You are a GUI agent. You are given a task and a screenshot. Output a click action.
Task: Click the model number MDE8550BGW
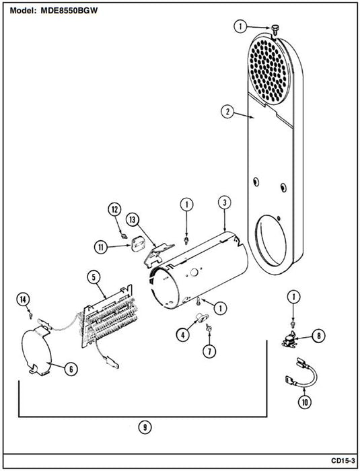coord(69,11)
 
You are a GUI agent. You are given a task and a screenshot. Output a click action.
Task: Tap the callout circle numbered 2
coord(228,112)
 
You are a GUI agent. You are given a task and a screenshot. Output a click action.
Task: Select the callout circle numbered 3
coord(225,203)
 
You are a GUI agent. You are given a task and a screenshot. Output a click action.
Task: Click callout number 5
coord(94,277)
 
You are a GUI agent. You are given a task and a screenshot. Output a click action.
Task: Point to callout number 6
coord(71,369)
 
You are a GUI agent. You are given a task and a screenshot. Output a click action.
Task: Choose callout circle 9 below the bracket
coord(145,427)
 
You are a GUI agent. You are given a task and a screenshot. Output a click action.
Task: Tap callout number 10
coord(305,402)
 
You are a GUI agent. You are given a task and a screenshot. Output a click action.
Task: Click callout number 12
coord(115,210)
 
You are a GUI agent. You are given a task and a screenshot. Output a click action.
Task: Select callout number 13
coord(133,219)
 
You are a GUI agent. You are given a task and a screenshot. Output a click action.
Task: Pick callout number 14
coord(23,299)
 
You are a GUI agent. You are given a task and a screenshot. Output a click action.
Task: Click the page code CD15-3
coord(343,460)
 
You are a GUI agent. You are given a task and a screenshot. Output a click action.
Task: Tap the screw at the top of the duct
coord(274,29)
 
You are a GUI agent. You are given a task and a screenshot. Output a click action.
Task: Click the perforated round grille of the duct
coord(267,71)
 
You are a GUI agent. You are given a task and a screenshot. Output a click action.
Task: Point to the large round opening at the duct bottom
coord(271,240)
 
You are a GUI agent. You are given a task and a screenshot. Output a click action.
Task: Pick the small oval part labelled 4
coord(200,317)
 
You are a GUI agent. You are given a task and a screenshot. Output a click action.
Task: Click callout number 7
coord(209,351)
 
